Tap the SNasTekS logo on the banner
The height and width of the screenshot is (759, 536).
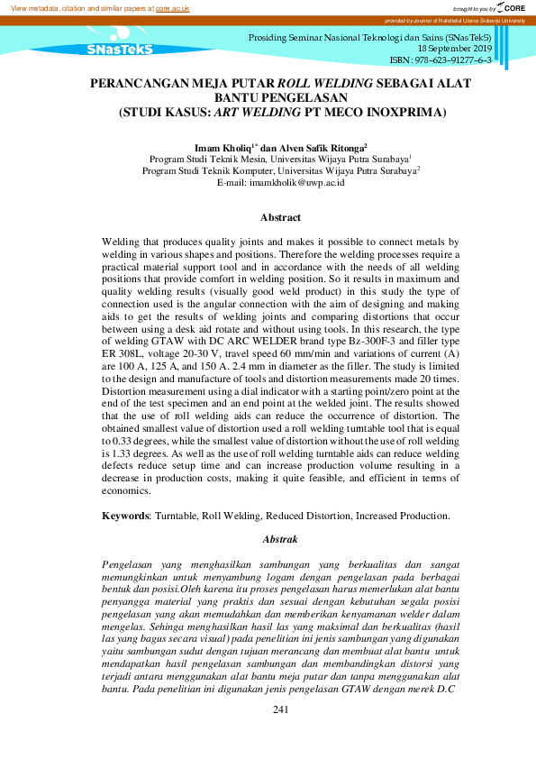(120, 50)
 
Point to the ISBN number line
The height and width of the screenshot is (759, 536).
(440, 59)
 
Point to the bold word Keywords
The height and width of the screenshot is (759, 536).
(124, 516)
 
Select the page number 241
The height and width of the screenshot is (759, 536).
(280, 710)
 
